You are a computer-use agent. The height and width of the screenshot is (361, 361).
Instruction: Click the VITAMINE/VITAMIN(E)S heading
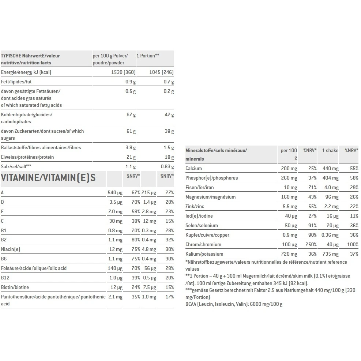point(48,178)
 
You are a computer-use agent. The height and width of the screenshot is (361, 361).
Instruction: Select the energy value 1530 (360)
point(123,72)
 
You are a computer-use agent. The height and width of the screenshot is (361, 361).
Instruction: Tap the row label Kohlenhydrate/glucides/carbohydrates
point(27,118)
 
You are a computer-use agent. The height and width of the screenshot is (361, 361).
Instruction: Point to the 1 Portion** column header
point(148,56)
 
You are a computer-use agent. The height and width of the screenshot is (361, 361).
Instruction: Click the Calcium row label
point(193,169)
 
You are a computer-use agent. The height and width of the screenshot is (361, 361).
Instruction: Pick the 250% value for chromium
point(311,245)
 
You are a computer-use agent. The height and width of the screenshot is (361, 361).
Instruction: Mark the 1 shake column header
point(330,151)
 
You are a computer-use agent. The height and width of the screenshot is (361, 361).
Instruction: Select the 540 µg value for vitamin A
point(115,193)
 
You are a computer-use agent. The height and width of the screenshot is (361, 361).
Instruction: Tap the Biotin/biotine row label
point(15,287)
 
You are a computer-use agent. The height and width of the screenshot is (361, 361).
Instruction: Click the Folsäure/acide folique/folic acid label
point(34,268)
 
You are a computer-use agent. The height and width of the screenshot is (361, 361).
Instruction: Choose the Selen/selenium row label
point(202,226)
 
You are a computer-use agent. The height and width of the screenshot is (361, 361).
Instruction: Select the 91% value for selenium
point(312,226)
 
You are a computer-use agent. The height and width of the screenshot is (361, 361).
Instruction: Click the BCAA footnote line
point(234,304)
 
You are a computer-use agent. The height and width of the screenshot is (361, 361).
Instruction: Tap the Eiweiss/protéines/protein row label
point(27,157)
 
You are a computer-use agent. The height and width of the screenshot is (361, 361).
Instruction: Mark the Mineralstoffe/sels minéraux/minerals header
point(216,155)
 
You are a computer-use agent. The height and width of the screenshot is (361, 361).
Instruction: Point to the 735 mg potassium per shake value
point(330,254)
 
